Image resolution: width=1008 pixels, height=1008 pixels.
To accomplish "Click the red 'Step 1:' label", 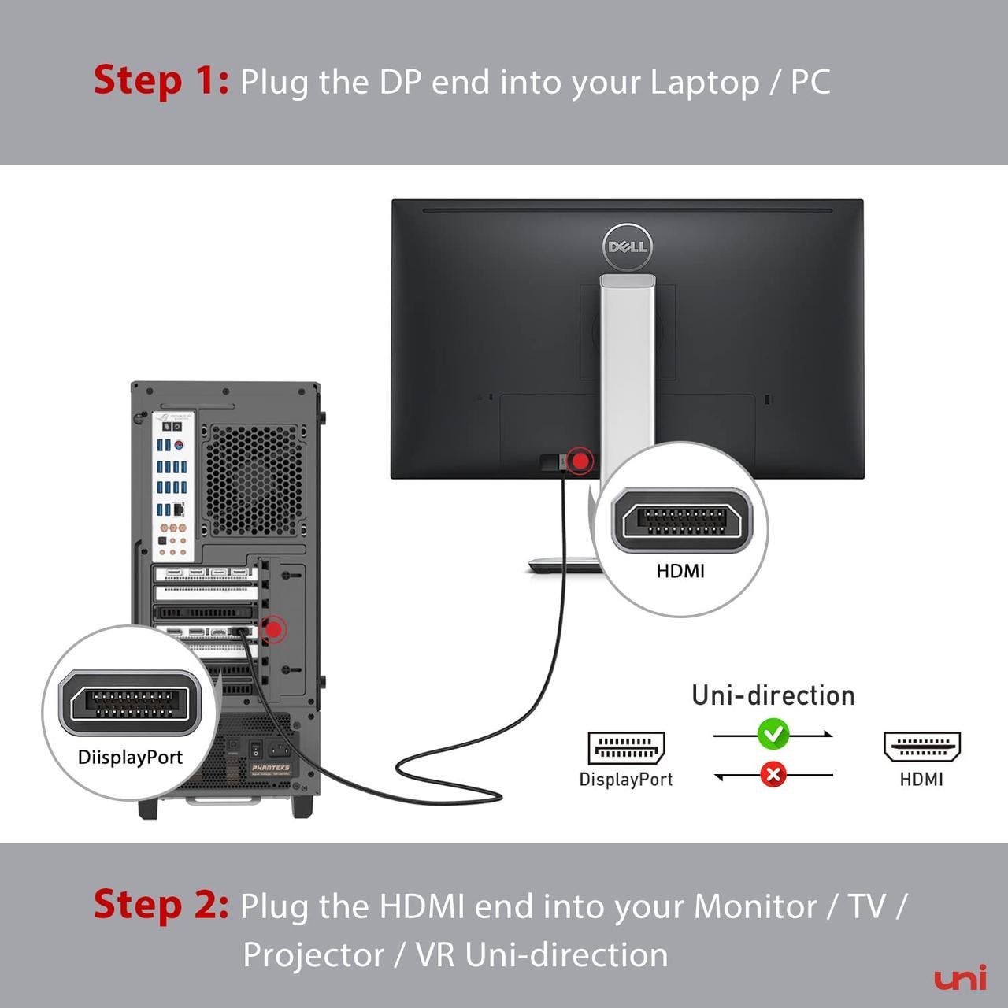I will point(161,80).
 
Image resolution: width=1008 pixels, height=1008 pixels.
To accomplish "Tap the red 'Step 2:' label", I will point(161,904).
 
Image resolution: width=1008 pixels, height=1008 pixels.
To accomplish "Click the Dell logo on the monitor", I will point(627,246).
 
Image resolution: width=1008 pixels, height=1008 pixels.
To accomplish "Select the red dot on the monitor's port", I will point(581,461).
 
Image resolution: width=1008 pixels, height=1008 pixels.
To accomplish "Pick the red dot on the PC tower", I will point(273,629).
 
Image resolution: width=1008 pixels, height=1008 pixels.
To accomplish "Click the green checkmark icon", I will point(773,733).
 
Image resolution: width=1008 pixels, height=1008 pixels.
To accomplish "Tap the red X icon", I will point(773,775).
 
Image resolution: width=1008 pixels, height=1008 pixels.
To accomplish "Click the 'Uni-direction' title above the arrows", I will point(773,695).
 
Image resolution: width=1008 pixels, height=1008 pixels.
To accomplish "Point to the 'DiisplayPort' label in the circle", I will point(130,758).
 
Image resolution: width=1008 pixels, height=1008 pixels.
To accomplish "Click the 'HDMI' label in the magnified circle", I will point(680,571).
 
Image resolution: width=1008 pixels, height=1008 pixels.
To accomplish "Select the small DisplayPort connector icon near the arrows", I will point(626,747).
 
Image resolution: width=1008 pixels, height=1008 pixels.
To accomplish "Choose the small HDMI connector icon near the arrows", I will point(921,747).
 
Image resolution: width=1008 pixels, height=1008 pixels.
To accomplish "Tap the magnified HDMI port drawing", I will point(680,521).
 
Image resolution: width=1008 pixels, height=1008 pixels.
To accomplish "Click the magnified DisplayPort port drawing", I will point(130,703).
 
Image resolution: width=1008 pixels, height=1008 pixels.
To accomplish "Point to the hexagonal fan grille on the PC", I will point(254,480).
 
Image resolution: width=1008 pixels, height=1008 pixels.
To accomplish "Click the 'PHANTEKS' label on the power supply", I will point(270,767).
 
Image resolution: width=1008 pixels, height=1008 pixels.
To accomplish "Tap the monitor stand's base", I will point(564,565).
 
